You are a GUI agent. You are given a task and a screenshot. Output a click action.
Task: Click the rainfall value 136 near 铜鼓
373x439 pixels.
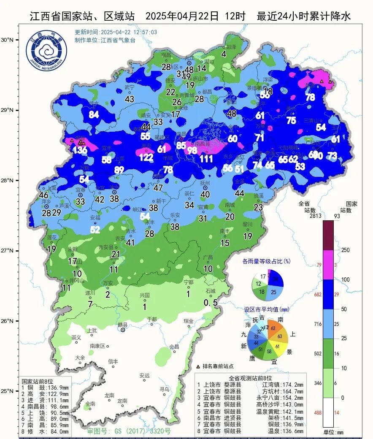80,149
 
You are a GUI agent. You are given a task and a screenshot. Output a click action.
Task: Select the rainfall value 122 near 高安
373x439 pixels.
146,157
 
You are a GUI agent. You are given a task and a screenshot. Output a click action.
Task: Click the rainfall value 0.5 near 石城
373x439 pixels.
211,303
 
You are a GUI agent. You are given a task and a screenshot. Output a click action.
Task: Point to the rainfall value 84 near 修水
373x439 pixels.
94,115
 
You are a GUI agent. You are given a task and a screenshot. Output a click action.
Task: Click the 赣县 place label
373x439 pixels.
122,325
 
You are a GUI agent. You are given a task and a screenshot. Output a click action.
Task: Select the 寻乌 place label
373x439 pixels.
164,389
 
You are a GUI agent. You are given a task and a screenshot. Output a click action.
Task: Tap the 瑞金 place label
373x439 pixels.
188,321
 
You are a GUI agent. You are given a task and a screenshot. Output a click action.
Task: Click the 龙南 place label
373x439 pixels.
109,395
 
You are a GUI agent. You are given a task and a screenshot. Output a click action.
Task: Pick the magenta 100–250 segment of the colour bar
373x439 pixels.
328,264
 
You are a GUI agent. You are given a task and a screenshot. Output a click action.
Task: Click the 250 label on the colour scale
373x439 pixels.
346,250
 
